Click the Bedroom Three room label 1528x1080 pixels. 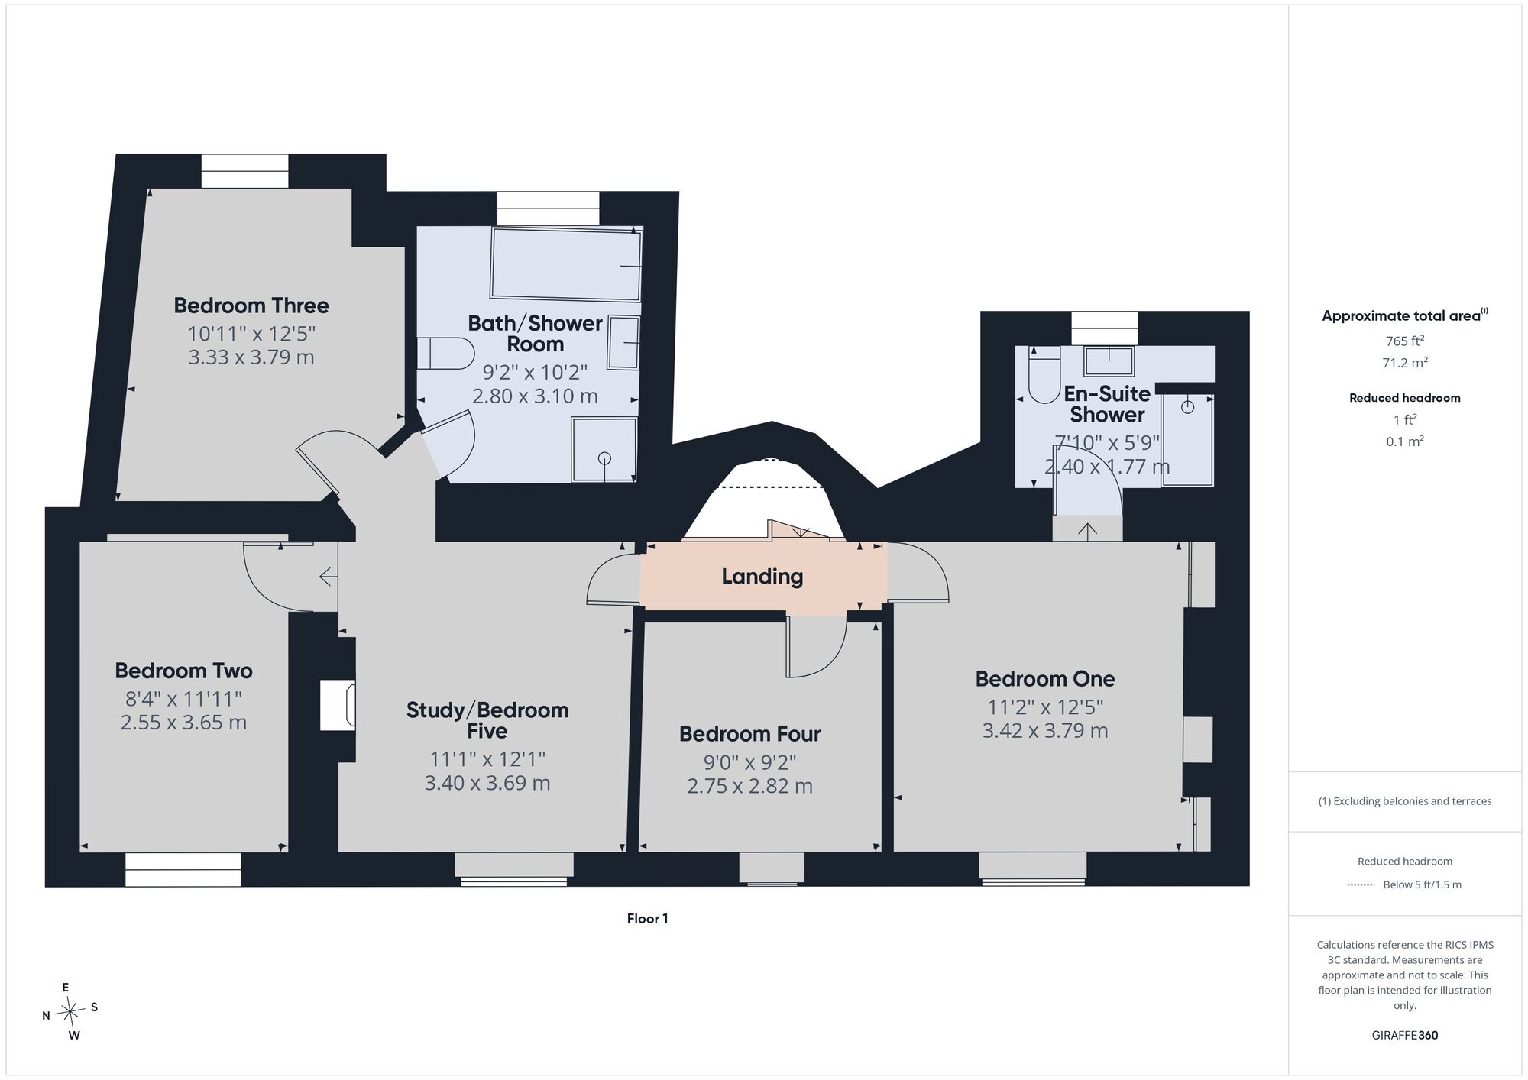pos(251,306)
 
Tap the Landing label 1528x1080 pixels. pos(762,577)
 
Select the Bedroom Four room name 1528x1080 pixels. pos(749,734)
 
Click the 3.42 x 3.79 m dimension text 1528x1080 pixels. pos(1045,731)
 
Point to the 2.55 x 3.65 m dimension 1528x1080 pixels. pos(183,723)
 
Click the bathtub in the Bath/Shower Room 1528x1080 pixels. pos(566,264)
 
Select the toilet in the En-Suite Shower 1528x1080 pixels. pos(1044,375)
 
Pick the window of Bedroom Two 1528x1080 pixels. pos(183,870)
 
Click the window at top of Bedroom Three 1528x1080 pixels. pos(245,171)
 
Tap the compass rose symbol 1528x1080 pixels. pos(70,1012)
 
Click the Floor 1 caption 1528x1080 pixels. pos(647,919)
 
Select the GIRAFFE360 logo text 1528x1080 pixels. pos(1405,1036)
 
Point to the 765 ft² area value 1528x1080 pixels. pos(1405,341)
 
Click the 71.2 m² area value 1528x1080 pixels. pos(1405,363)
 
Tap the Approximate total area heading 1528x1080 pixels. pos(1405,315)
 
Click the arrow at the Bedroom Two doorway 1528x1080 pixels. pos(329,577)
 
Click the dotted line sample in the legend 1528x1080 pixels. pos(1361,885)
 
